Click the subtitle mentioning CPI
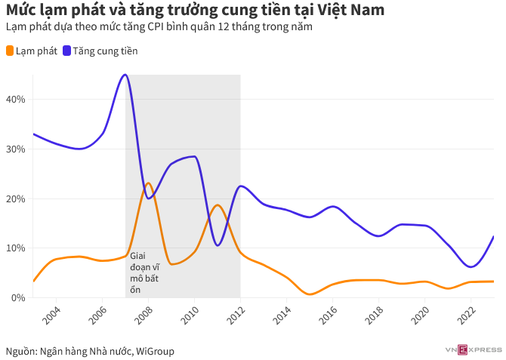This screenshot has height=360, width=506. pos(158,27)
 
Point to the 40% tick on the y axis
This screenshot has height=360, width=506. pos(16,99)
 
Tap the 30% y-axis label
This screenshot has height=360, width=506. pos(16,149)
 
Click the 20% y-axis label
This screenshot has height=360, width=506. pos(16,198)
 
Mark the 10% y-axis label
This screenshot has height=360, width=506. pos(16,248)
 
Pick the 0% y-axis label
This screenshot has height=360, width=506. pos(18,297)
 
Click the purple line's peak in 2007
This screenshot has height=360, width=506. pos(125,75)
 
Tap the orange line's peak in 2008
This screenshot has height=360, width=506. pos(148,183)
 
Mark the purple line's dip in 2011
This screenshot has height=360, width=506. pos(218,245)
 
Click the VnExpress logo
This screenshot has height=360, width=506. pos(474,349)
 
